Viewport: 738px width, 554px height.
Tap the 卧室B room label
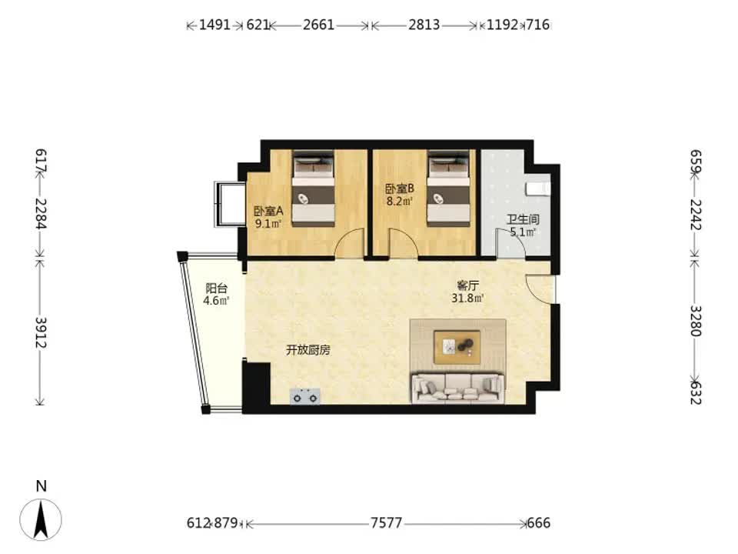[x=400, y=189]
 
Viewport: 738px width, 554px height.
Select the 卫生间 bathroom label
[x=523, y=219]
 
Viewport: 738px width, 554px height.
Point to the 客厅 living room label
[x=468, y=285]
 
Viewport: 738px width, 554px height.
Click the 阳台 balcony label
[x=217, y=289]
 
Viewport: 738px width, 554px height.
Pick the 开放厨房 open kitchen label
[x=308, y=350]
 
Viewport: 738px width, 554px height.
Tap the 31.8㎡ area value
[x=468, y=299]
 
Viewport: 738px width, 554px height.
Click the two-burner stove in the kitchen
[x=305, y=397]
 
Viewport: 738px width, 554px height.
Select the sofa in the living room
[x=458, y=388]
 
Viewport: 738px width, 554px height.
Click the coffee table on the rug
[x=457, y=347]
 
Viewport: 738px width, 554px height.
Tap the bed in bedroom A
[x=314, y=189]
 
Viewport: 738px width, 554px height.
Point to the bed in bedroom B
[x=449, y=189]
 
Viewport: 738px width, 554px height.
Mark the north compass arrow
[x=41, y=519]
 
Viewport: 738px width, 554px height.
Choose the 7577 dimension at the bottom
[x=387, y=523]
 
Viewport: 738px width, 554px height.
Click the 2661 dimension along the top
[x=318, y=25]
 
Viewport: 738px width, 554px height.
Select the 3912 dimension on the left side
[x=42, y=332]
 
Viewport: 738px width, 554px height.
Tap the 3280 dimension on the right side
[x=696, y=321]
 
